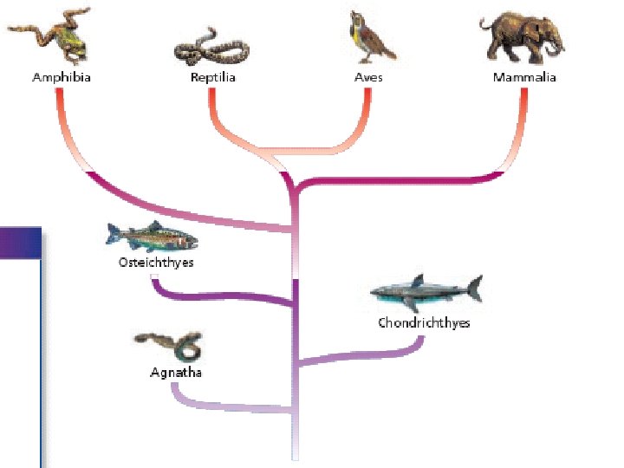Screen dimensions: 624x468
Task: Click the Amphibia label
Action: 62,77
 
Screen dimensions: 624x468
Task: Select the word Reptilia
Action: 213,77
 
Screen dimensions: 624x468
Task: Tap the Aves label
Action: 368,77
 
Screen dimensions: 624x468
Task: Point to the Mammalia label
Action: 524,77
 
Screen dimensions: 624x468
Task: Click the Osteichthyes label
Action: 156,262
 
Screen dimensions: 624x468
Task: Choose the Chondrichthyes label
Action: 424,323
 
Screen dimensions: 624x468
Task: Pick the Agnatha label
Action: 176,373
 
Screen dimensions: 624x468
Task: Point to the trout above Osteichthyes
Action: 152,237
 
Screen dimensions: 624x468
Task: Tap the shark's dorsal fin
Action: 417,280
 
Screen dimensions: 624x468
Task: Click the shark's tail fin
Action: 473,288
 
